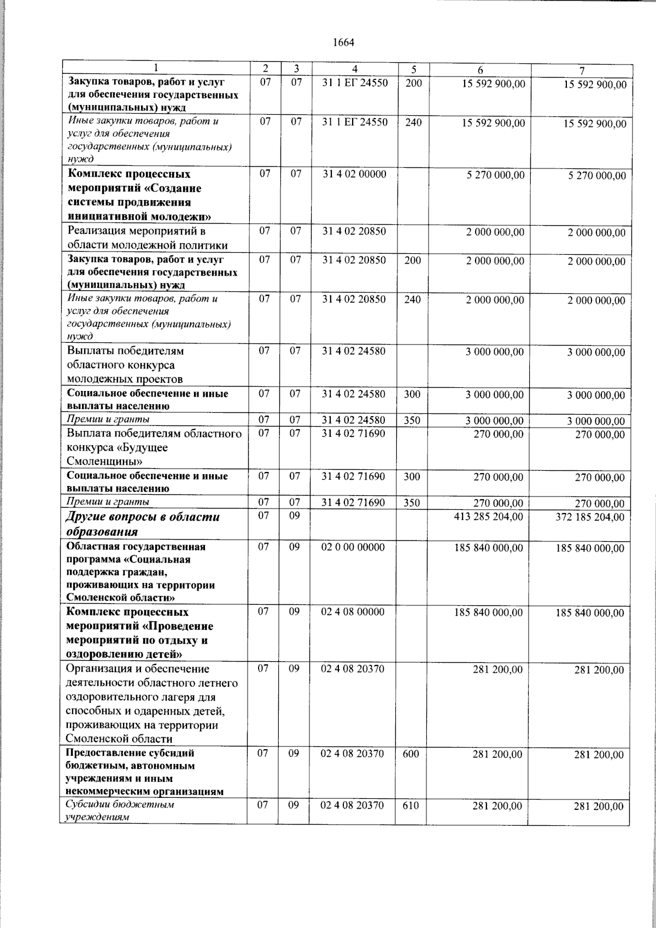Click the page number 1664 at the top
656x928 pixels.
(344, 43)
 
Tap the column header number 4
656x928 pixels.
(355, 69)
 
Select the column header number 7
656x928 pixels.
(582, 70)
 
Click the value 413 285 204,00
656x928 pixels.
(488, 516)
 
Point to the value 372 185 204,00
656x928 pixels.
(590, 517)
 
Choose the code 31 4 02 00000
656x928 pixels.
(354, 174)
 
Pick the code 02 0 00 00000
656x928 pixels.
(353, 547)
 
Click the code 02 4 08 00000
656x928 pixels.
(353, 612)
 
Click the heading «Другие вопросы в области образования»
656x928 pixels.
(143, 524)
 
